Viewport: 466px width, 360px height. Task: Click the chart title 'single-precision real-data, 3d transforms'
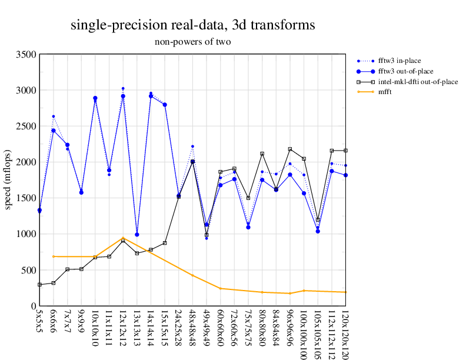(x=192, y=25)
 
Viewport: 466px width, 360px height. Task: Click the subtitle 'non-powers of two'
(x=192, y=42)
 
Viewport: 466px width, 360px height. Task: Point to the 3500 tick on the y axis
(x=26, y=55)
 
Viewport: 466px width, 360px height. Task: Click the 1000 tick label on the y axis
(x=26, y=234)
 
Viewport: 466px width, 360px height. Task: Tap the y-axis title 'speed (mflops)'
(x=8, y=180)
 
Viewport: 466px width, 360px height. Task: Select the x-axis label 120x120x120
(x=345, y=333)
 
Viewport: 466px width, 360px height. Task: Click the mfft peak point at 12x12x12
(x=123, y=238)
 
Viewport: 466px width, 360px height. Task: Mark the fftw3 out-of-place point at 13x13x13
(x=137, y=235)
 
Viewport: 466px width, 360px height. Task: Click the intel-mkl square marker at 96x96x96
(x=290, y=149)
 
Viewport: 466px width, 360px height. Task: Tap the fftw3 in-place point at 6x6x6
(x=54, y=116)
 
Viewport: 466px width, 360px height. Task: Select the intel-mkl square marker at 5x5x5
(x=39, y=285)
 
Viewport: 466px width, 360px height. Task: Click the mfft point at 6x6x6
(x=54, y=256)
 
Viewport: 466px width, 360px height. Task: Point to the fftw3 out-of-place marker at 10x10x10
(x=95, y=98)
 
